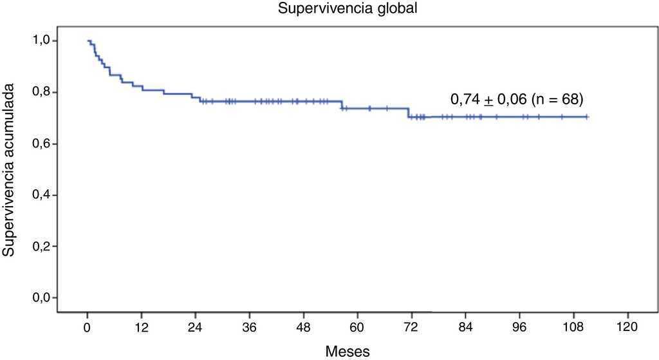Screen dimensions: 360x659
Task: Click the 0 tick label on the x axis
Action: [88, 327]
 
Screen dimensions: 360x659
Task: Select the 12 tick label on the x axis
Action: [142, 327]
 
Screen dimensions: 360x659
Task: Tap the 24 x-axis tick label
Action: [196, 327]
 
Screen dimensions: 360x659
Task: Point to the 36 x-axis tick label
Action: [250, 327]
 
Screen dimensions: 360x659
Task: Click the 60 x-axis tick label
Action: [357, 327]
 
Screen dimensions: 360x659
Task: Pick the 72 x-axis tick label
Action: [411, 327]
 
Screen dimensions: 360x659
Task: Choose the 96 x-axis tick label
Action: [519, 327]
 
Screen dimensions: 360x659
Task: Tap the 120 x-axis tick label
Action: [627, 327]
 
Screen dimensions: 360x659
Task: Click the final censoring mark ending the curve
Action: [587, 117]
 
